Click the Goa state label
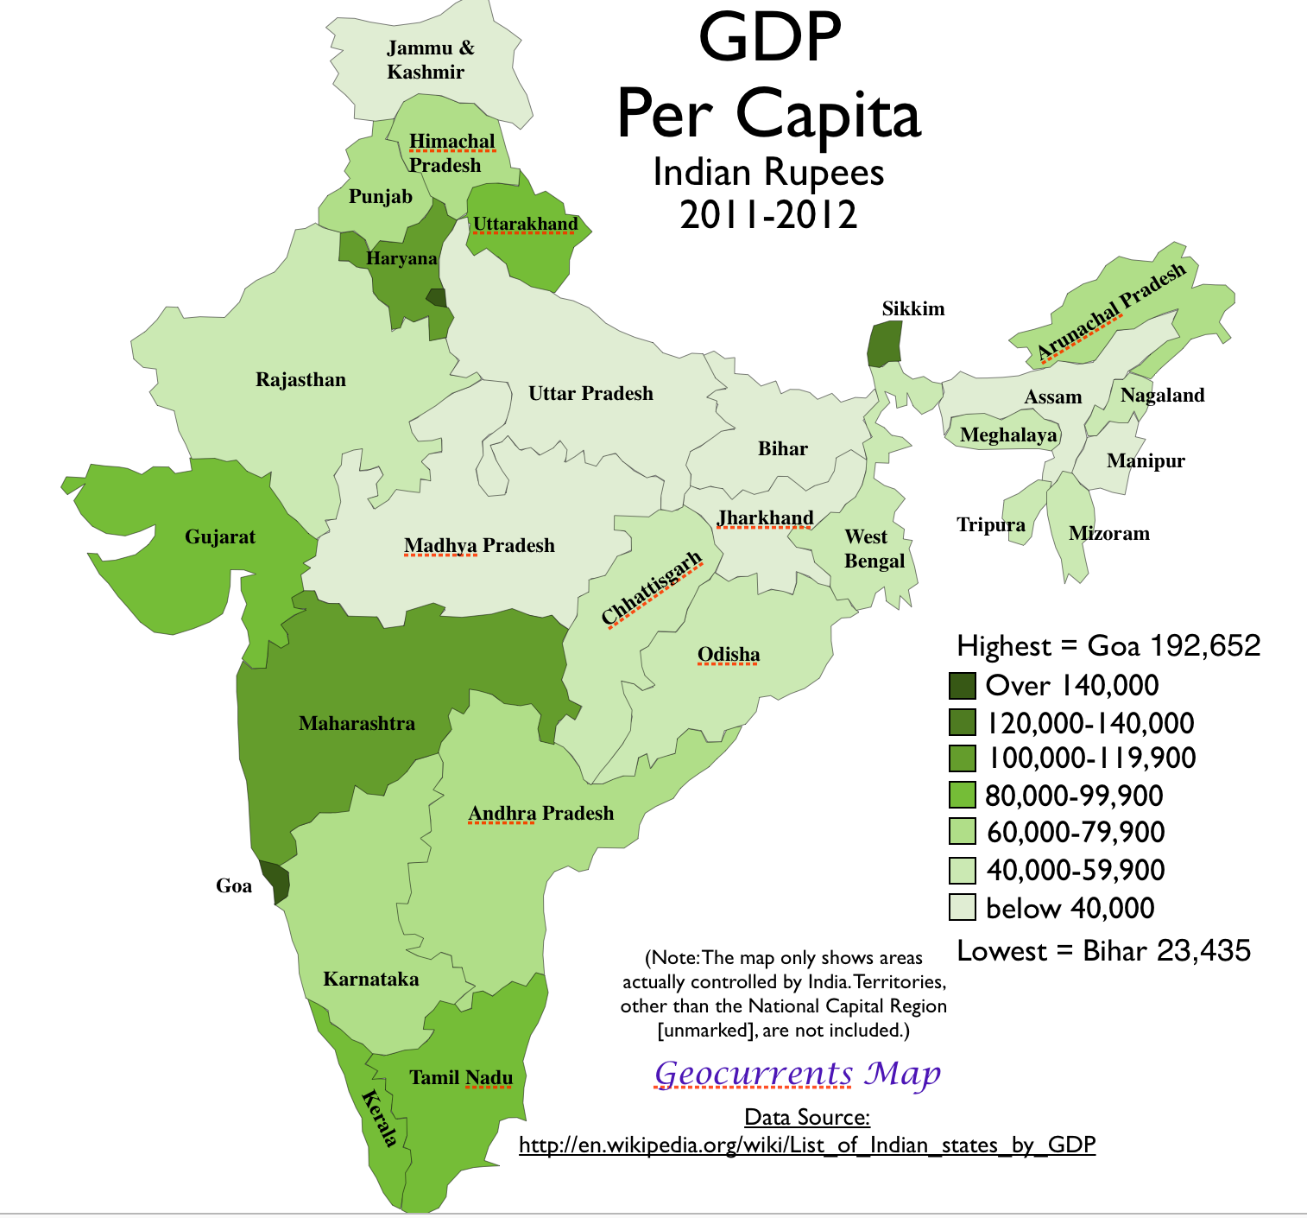[x=233, y=885]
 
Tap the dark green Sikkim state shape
[x=883, y=343]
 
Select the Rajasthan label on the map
[x=300, y=379]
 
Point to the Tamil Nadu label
[x=461, y=1077]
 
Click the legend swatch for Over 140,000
[x=963, y=686]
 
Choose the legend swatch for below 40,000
[x=963, y=908]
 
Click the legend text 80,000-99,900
[x=1074, y=796]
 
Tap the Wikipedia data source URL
[x=807, y=1145]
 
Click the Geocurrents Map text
[x=797, y=1074]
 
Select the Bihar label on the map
[x=782, y=448]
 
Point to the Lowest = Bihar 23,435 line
[x=1103, y=950]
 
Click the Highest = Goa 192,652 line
[x=1108, y=645]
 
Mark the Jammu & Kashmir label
[x=429, y=60]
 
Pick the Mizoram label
[x=1108, y=533]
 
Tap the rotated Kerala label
[x=381, y=1118]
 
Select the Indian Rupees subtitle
[x=768, y=172]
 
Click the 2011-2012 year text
[x=768, y=214]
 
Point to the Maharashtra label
[x=357, y=723]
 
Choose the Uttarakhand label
[x=525, y=224]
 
